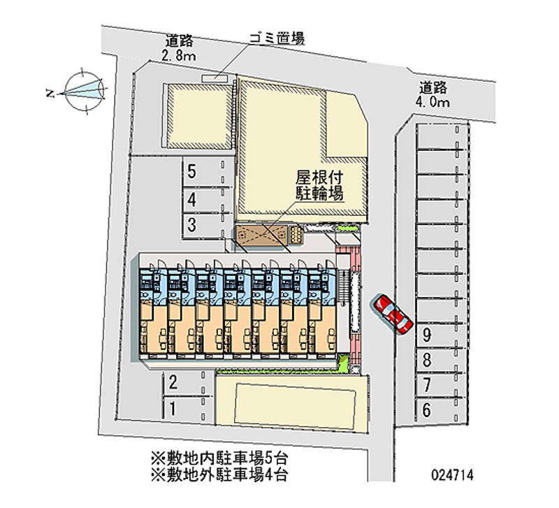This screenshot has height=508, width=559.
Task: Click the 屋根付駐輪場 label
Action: point(318,186)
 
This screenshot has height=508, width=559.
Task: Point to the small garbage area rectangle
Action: point(215,77)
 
